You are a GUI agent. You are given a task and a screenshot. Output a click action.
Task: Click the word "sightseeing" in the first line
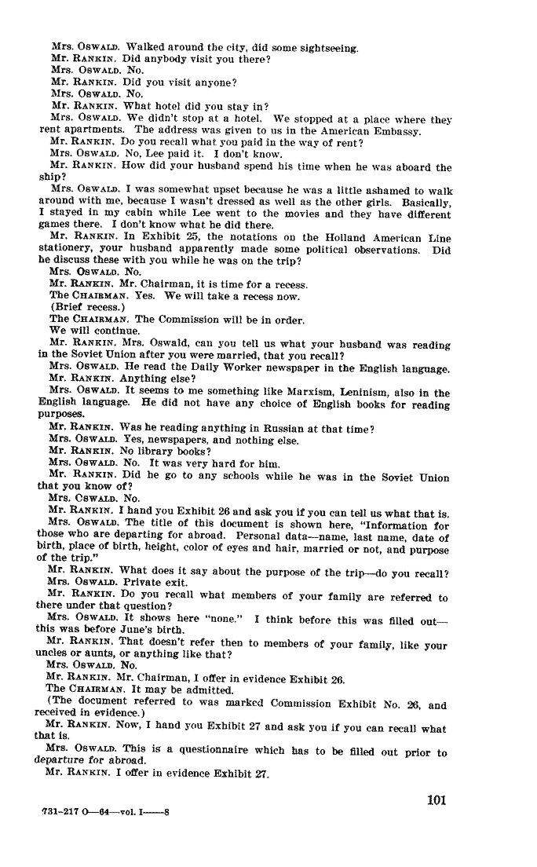point(328,49)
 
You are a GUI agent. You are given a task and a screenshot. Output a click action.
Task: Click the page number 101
point(437,801)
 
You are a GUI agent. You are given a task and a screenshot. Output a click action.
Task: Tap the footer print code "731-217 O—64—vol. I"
point(104,813)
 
